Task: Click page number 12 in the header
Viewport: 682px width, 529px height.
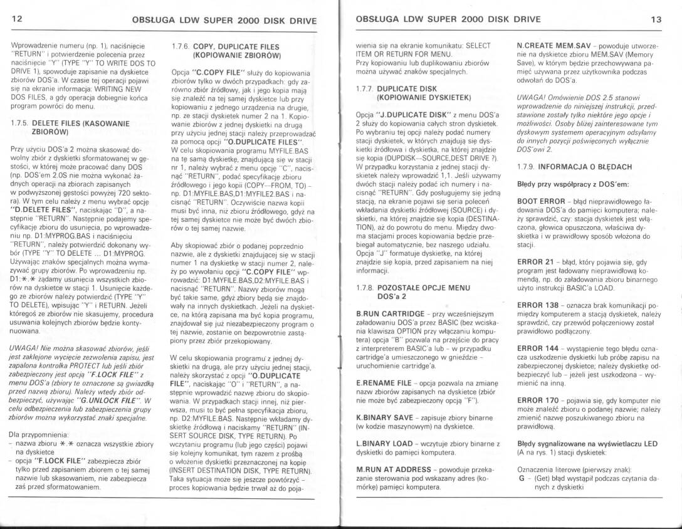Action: click(16, 18)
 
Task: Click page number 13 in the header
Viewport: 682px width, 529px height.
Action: click(656, 18)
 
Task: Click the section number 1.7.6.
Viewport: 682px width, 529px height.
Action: click(179, 46)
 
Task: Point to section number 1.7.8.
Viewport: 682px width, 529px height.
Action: click(365, 285)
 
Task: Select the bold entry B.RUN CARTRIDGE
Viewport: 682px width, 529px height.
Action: click(389, 313)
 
